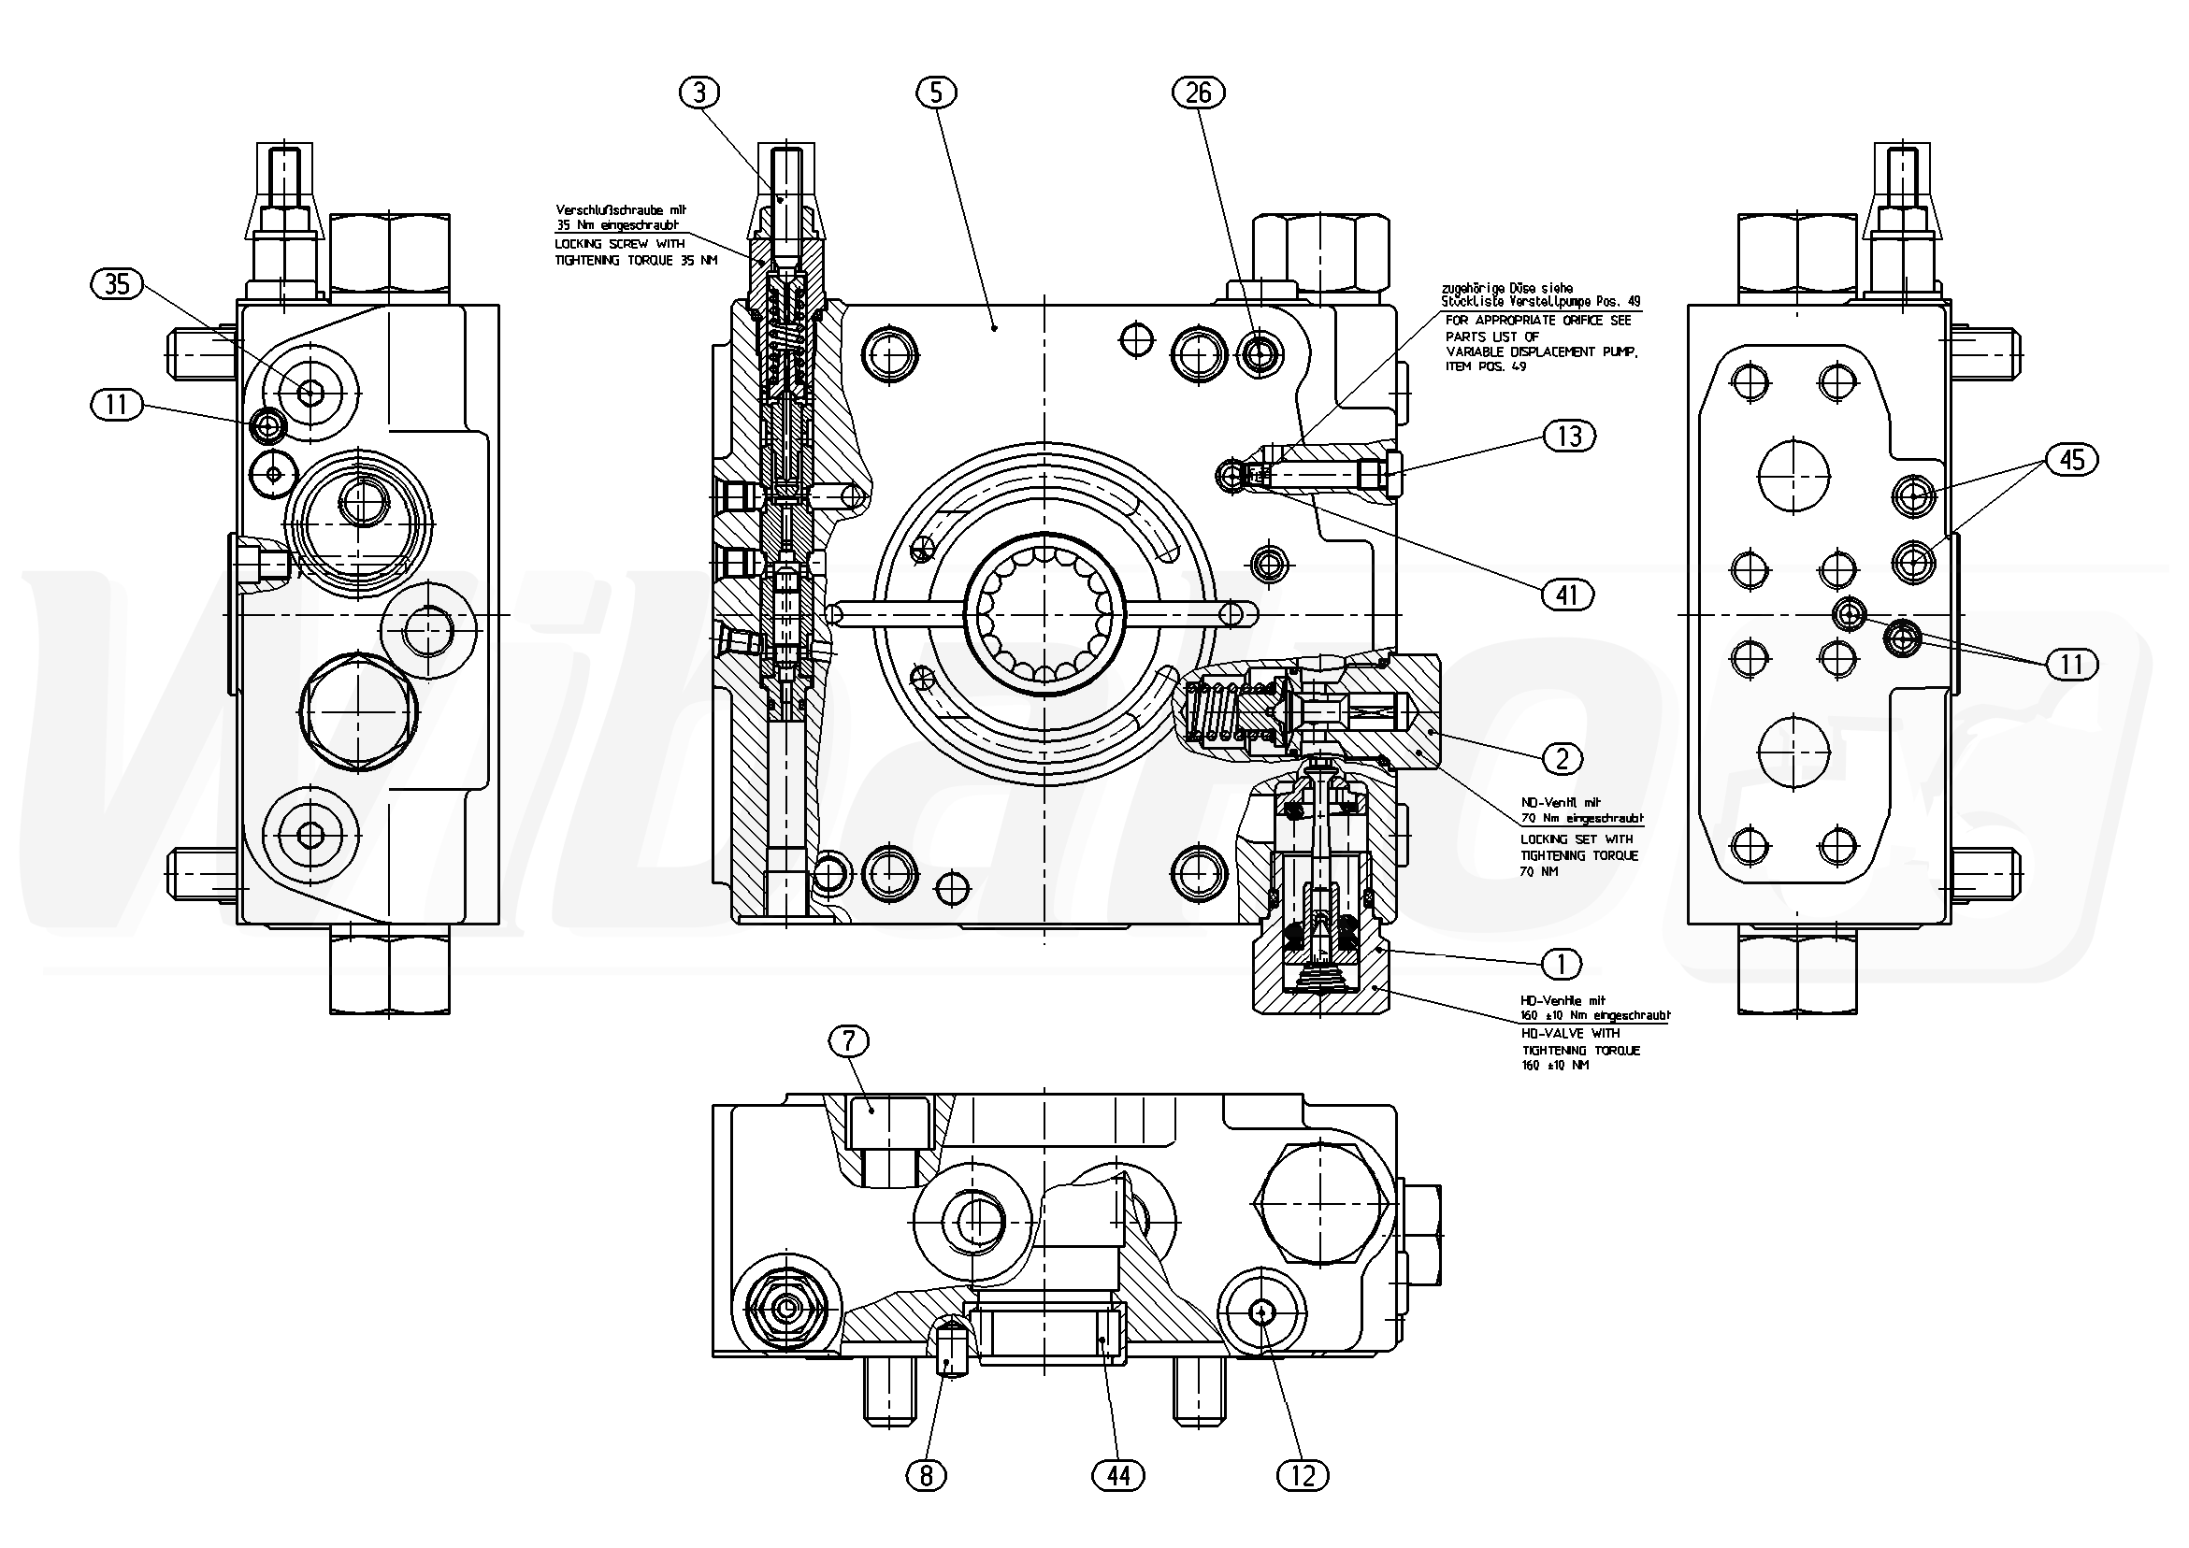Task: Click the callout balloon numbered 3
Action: pos(699,93)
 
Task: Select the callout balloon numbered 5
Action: pos(935,93)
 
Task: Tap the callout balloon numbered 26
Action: pos(1199,93)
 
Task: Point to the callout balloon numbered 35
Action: pos(116,284)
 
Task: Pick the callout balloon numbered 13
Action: pos(1568,437)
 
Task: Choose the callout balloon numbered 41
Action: pos(1567,595)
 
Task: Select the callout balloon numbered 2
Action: pos(1562,759)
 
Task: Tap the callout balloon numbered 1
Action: pos(1561,965)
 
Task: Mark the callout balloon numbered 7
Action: pos(849,1042)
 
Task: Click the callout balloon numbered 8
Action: pos(926,1477)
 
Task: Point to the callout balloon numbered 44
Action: pos(1117,1477)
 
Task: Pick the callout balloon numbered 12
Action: pos(1303,1477)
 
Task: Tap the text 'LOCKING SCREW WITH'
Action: pos(620,244)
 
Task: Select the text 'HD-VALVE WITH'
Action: pos(1570,1033)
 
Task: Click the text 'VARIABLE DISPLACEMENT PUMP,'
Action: pos(1542,351)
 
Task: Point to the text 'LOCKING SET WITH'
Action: pos(1577,838)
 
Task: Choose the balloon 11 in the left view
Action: pos(116,405)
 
